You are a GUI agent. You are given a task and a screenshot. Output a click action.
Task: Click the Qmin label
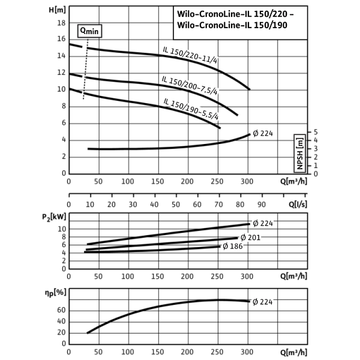pyautogui.click(x=89, y=31)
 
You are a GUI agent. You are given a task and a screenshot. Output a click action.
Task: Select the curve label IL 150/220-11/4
pyautogui.click(x=190, y=54)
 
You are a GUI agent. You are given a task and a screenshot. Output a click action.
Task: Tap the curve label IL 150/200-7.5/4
pyautogui.click(x=190, y=86)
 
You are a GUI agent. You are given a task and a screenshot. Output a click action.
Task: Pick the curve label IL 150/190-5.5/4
pyautogui.click(x=191, y=109)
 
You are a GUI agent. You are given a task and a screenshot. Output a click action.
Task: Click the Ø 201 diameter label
pyautogui.click(x=250, y=238)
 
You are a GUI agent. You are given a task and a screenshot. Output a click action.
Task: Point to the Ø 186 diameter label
pyautogui.click(x=233, y=246)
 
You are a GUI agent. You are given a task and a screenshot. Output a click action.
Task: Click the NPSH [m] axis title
pyautogui.click(x=300, y=153)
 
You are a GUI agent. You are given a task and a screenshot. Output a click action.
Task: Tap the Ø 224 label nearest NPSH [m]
pyautogui.click(x=263, y=134)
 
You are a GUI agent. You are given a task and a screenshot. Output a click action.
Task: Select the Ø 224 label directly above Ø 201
pyautogui.click(x=263, y=223)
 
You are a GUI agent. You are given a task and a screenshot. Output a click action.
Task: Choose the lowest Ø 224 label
pyautogui.click(x=263, y=302)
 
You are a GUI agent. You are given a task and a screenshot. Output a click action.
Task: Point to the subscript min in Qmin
pyautogui.click(x=93, y=32)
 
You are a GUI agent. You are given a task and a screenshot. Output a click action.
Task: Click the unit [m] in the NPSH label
pyautogui.click(x=300, y=142)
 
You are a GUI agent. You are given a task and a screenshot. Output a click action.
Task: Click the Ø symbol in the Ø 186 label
pyautogui.click(x=226, y=246)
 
